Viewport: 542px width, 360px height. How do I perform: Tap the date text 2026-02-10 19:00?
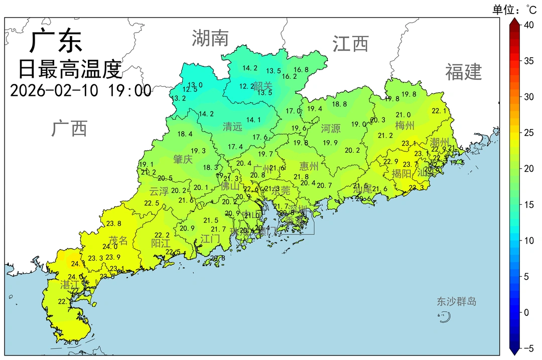pos(80,91)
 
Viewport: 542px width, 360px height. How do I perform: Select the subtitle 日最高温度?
pos(70,69)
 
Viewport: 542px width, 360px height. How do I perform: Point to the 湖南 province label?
pos(210,38)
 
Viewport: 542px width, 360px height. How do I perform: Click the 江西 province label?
pos(350,44)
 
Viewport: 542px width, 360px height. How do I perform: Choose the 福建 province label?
pos(463,72)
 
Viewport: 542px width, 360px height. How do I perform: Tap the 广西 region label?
pos(69,129)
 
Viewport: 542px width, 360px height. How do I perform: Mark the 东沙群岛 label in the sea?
pos(456,302)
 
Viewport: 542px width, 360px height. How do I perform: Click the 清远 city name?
pos(232,127)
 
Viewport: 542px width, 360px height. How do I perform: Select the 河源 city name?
pos(331,129)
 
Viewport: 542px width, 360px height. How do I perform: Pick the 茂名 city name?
pos(118,241)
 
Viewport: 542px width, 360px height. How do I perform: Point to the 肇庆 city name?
pos(183,160)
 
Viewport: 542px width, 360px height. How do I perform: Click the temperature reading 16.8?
pos(301,70)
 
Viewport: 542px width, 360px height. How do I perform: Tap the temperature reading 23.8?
pos(114,223)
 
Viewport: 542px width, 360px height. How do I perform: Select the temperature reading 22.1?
pos(439,111)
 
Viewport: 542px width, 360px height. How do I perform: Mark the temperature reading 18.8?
pos(339,104)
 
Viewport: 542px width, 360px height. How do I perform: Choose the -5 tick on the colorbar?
pos(527,348)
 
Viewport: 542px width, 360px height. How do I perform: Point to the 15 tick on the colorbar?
pos(528,204)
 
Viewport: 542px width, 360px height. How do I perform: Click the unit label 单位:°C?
pos(514,9)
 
